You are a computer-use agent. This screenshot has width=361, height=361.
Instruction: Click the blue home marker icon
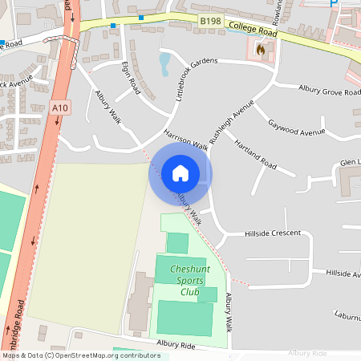pyautogui.click(x=180, y=172)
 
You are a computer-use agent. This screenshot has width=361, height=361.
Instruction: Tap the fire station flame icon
pyautogui.click(x=259, y=49)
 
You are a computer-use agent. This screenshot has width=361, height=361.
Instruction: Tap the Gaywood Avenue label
pyautogui.click(x=297, y=127)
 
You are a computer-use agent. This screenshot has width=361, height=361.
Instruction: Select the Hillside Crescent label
pyautogui.click(x=273, y=233)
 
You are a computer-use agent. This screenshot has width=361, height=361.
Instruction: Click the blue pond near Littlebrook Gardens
pyautogui.click(x=164, y=63)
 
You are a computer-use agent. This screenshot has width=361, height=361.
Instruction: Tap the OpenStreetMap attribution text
pyautogui.click(x=81, y=355)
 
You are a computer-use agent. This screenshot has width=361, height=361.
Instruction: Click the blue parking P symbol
pyautogui.click(x=334, y=4)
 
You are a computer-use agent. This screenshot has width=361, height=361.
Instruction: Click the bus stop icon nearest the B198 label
pyautogui.click(x=141, y=17)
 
